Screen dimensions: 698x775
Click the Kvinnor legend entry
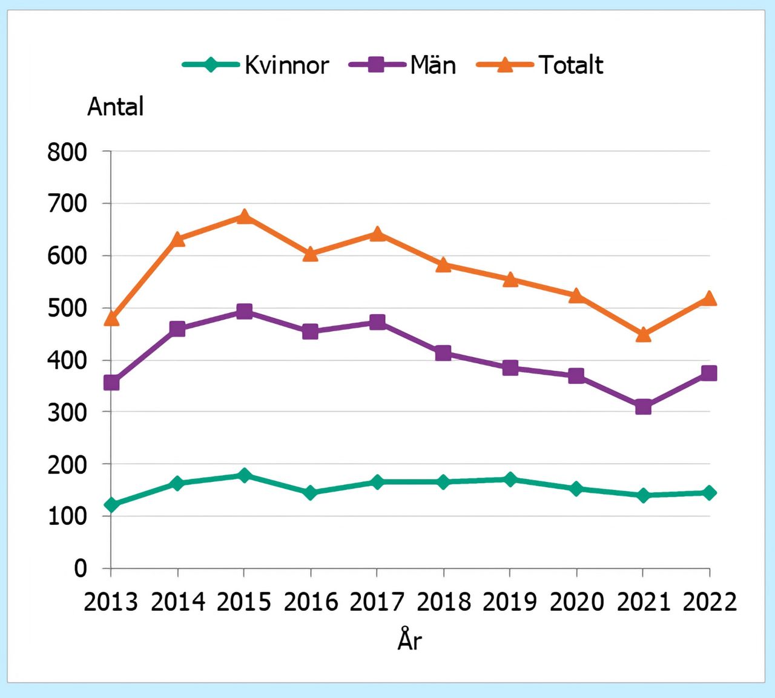click(x=257, y=65)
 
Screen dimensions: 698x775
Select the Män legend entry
click(x=403, y=65)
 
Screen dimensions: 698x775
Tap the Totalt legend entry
click(x=540, y=65)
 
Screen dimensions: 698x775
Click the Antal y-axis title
click(x=116, y=107)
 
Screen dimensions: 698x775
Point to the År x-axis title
click(x=409, y=640)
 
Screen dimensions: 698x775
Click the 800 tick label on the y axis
click(x=67, y=152)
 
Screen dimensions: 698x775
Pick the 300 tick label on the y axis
click(x=67, y=412)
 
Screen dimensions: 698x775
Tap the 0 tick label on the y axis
click(x=81, y=568)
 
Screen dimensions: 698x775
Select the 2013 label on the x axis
click(x=111, y=602)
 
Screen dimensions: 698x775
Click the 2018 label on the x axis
click(x=444, y=602)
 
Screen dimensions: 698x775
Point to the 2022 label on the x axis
click(x=710, y=602)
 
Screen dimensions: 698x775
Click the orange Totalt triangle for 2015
click(x=244, y=217)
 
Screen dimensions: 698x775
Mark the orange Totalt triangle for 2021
click(x=643, y=334)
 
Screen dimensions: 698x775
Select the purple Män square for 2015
click(x=244, y=312)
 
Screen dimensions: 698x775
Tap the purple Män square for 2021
click(x=643, y=407)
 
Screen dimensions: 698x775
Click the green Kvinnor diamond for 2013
click(x=111, y=505)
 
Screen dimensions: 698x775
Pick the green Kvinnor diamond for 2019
click(x=510, y=479)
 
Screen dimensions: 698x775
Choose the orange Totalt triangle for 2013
click(x=111, y=318)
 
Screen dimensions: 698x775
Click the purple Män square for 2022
click(x=709, y=373)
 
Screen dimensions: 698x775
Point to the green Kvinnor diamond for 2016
click(x=311, y=493)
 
